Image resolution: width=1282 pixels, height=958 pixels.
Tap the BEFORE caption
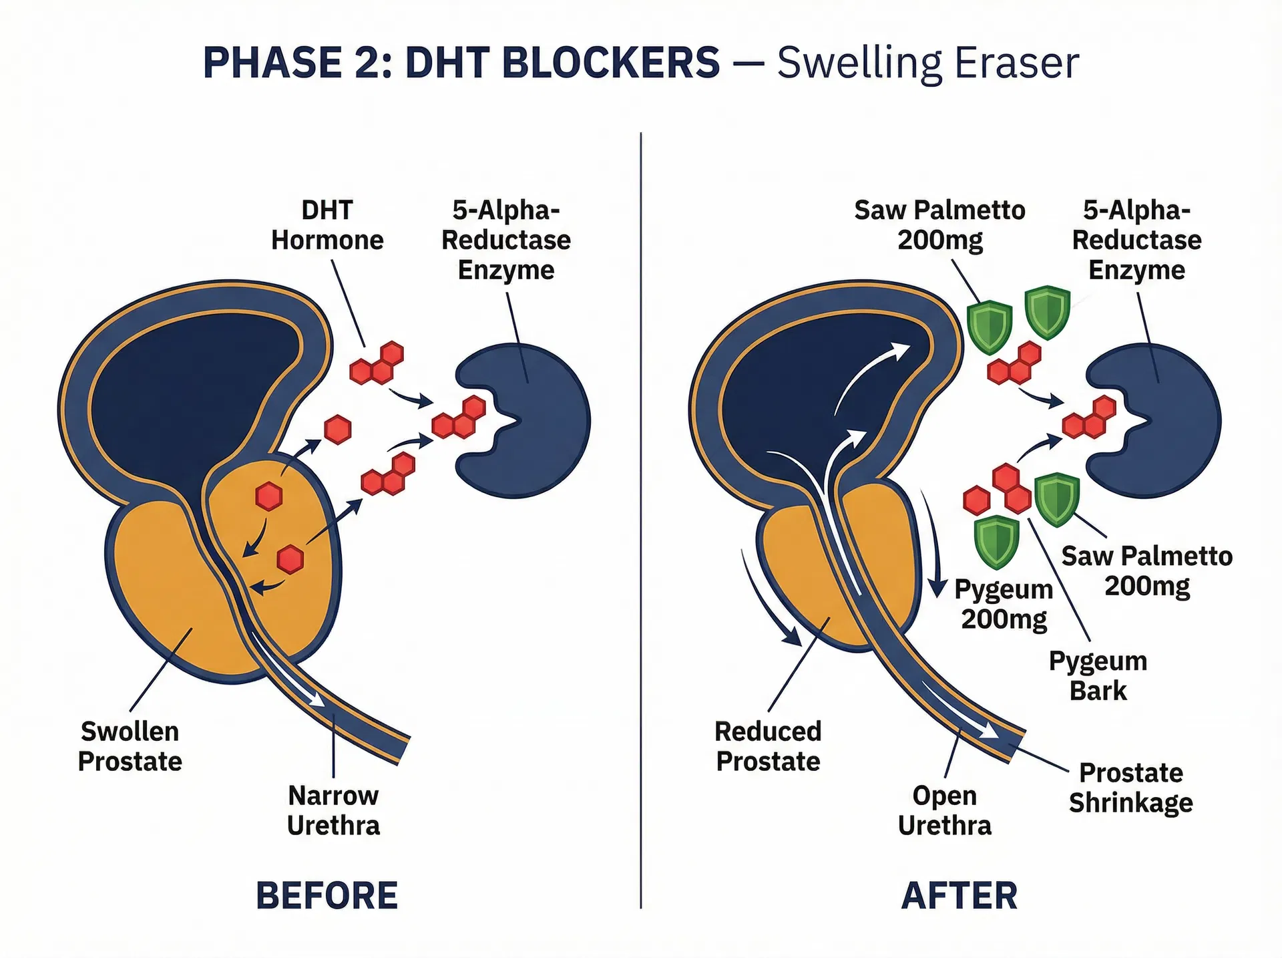(x=327, y=896)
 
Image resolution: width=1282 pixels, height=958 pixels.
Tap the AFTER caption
(x=959, y=896)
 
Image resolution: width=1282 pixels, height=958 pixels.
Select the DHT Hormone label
(x=327, y=225)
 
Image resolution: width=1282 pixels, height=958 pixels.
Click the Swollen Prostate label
(x=130, y=746)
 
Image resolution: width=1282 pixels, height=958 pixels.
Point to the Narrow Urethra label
(x=333, y=810)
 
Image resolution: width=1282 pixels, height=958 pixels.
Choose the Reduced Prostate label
(x=768, y=746)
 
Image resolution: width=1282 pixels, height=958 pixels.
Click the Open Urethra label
(x=944, y=810)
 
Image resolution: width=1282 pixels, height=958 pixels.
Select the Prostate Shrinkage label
(x=1130, y=788)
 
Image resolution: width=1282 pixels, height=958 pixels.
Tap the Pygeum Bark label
(x=1098, y=675)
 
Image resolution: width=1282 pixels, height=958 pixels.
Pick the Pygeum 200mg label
(x=1004, y=604)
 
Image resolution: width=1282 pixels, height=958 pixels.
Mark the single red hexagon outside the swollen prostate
(x=338, y=430)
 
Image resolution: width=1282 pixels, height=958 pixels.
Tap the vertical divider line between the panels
(x=640, y=521)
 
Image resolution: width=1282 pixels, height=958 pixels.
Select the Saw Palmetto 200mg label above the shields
(x=939, y=225)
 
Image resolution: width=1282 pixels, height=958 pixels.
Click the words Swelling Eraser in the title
(x=927, y=63)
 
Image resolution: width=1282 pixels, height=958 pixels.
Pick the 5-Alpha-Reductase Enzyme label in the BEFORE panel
(x=505, y=240)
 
